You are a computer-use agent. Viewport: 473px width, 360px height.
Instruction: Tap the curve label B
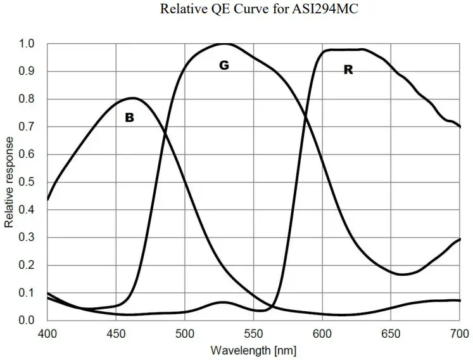click(129, 117)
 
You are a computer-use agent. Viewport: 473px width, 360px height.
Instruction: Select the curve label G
click(224, 65)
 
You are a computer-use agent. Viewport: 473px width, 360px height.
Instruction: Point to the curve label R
click(348, 70)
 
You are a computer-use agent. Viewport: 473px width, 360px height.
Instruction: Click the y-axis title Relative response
click(9, 182)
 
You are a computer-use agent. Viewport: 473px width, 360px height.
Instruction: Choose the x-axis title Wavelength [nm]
click(253, 350)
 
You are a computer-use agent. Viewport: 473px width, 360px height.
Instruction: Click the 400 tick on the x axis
click(47, 333)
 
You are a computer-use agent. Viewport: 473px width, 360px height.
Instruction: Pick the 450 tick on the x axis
click(116, 333)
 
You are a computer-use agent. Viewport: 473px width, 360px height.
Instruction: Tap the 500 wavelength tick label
click(185, 333)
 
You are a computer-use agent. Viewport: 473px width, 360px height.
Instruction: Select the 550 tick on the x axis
click(253, 333)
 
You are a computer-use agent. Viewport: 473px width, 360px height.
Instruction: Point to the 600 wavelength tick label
click(322, 333)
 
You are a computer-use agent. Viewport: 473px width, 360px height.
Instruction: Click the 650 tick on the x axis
click(391, 333)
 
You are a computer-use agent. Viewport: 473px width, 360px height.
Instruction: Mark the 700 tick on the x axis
click(459, 333)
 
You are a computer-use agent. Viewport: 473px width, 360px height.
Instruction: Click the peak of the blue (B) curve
click(132, 98)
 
